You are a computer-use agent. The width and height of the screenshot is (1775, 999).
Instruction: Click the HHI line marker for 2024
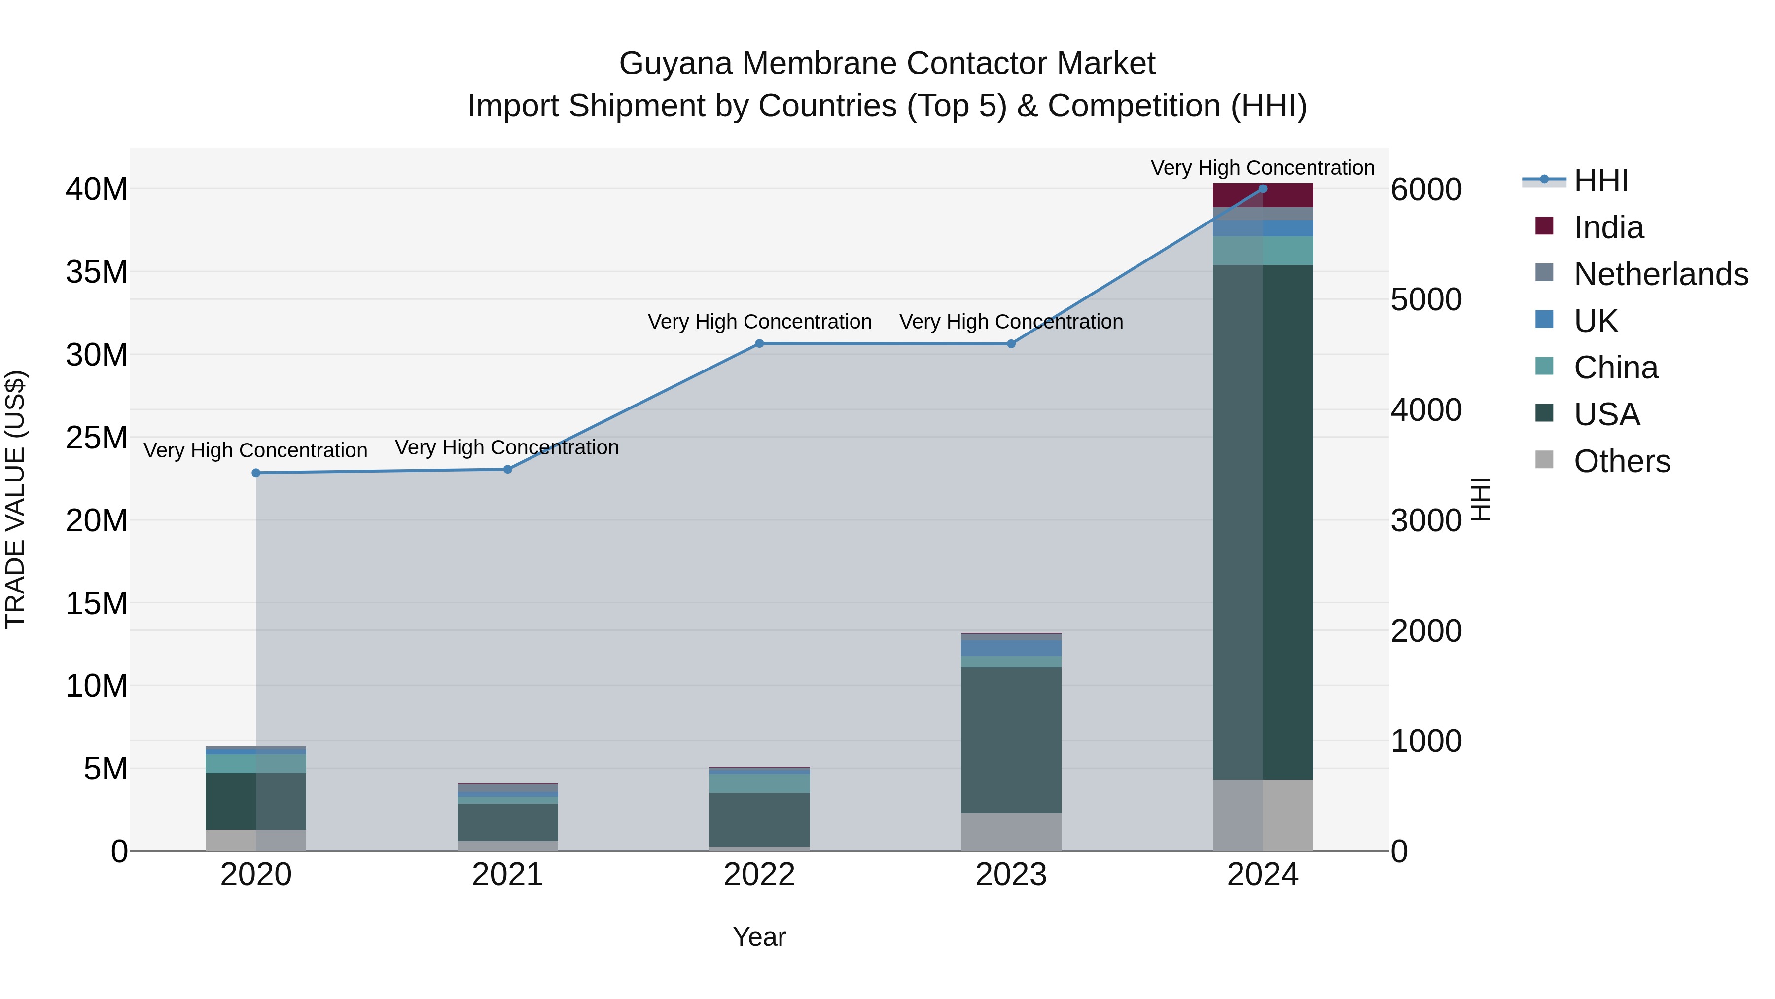1262,188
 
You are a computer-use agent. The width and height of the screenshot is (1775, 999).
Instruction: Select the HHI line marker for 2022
759,343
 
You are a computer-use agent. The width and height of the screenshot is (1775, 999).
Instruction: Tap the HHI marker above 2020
255,473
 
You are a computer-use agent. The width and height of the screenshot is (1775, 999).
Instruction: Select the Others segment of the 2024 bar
1262,815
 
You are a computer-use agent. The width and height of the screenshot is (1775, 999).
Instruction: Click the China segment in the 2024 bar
1262,250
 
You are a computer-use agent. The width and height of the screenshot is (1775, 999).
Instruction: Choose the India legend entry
1608,227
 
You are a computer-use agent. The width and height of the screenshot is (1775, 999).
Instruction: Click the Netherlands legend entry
1661,274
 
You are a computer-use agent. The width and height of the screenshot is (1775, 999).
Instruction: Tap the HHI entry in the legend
1600,181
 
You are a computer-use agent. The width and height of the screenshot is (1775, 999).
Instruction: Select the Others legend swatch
1544,460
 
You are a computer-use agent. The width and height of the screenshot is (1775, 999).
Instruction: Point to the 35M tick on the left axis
97,272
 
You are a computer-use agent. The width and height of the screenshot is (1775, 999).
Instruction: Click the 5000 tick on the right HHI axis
1425,300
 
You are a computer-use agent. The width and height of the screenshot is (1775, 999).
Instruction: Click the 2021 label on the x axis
507,875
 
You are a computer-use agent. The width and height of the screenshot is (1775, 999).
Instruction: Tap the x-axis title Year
759,937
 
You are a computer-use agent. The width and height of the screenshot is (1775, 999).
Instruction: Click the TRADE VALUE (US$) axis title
15,499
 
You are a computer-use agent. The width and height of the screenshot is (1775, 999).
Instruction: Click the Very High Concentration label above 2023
1011,322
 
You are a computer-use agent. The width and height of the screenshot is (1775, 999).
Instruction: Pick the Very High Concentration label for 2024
1262,168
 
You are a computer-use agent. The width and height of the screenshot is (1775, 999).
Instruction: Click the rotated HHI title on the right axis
1481,499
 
